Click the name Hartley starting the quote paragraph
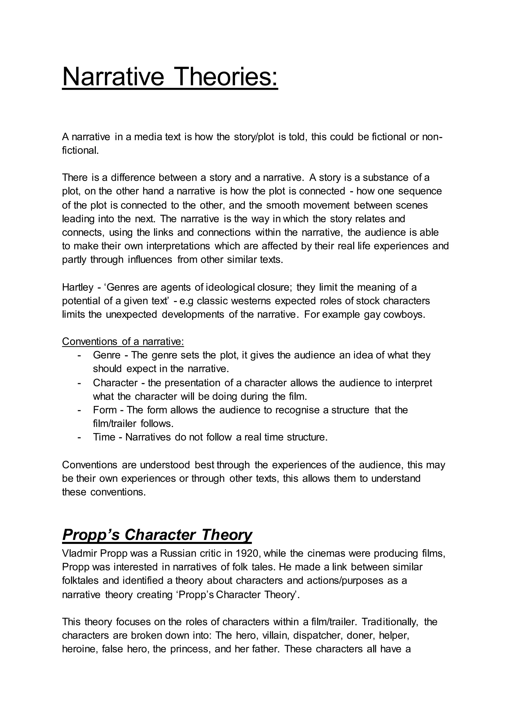pyautogui.click(x=77, y=287)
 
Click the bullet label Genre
pyautogui.click(x=106, y=355)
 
